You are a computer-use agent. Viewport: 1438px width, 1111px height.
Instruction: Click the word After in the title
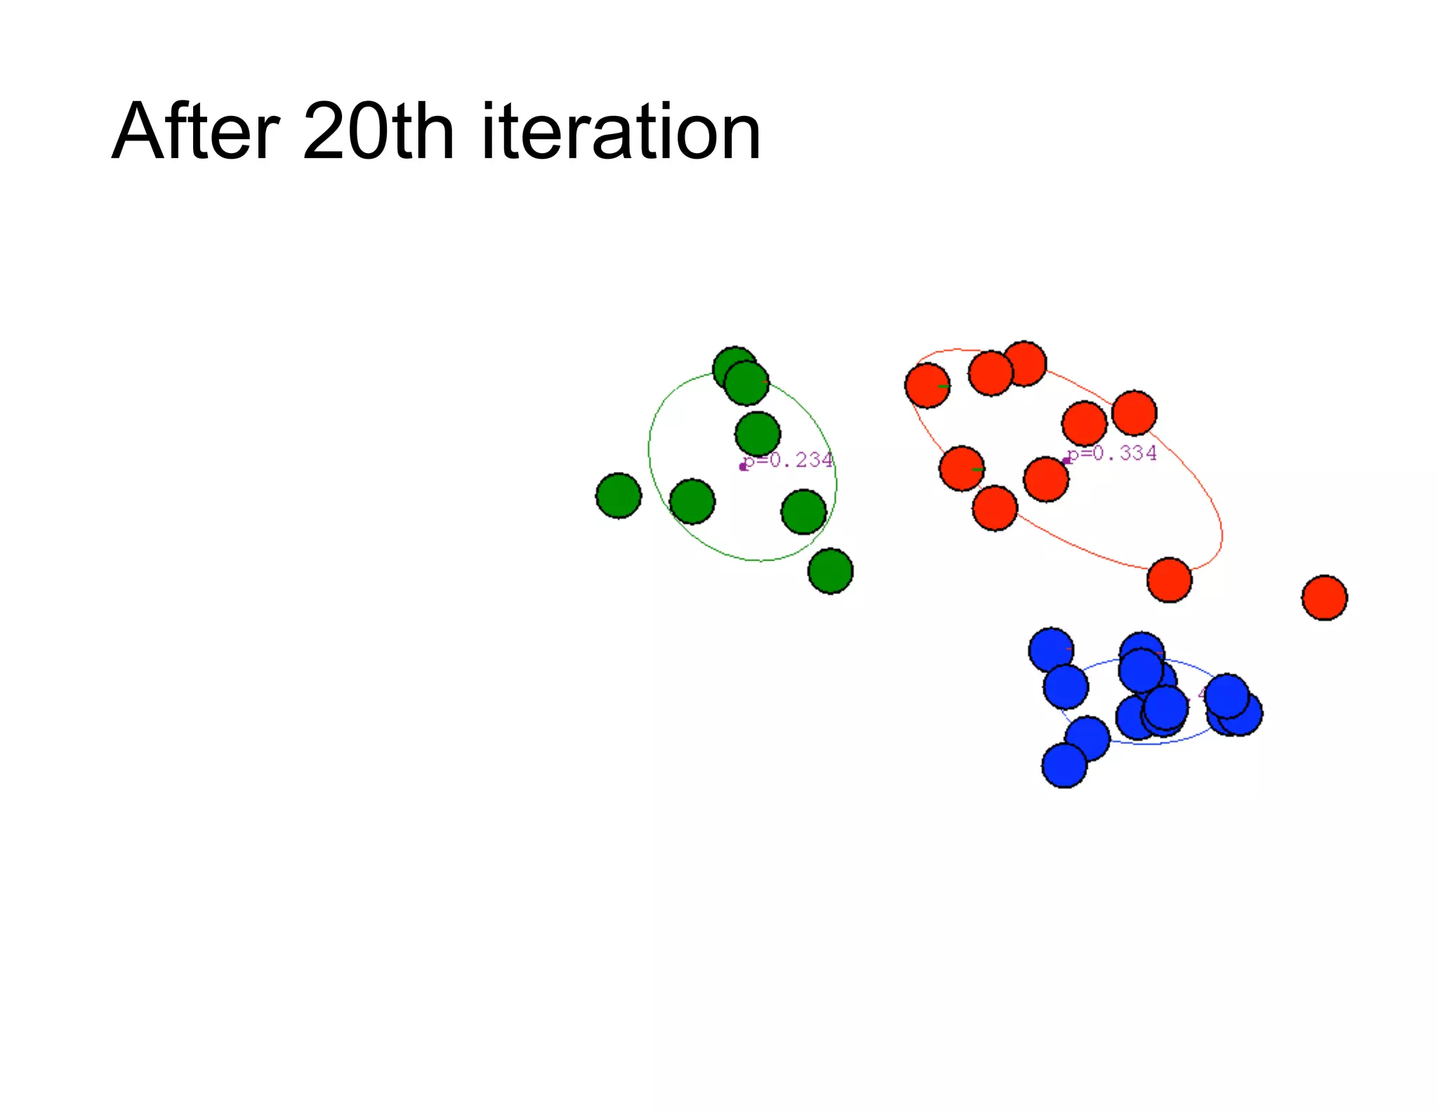coord(196,132)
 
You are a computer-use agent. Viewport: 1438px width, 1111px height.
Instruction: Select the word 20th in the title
coord(378,132)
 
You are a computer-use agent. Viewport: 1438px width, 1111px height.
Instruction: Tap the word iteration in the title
coord(621,132)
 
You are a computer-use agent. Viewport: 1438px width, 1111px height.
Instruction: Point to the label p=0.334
coord(1112,453)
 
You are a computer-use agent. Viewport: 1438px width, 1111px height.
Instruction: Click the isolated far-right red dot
coord(1324,598)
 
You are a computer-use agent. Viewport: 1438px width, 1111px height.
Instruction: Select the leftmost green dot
coord(618,496)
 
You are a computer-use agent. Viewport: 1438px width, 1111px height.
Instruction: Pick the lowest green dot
coord(830,571)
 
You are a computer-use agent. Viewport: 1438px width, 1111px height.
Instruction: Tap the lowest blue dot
coord(1064,765)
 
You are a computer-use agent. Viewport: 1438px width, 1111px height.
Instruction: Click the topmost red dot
coord(1024,364)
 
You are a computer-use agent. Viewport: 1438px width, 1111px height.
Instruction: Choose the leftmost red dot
coord(928,386)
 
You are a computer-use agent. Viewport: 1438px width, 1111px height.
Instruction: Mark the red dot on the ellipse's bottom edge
coord(1169,580)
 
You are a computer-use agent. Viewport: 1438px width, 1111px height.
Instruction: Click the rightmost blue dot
coord(1241,714)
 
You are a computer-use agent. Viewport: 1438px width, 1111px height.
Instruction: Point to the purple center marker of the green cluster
coord(743,467)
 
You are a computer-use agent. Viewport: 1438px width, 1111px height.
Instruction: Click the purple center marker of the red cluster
coord(1066,461)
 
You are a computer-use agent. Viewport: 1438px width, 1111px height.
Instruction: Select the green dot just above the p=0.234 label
coord(758,434)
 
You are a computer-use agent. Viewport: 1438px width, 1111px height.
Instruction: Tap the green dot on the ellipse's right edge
coord(804,512)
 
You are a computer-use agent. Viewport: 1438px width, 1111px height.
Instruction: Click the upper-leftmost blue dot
coord(1050,650)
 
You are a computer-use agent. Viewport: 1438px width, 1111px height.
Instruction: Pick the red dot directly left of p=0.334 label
coord(1046,480)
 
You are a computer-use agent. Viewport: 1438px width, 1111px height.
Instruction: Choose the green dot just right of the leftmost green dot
coord(692,501)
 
